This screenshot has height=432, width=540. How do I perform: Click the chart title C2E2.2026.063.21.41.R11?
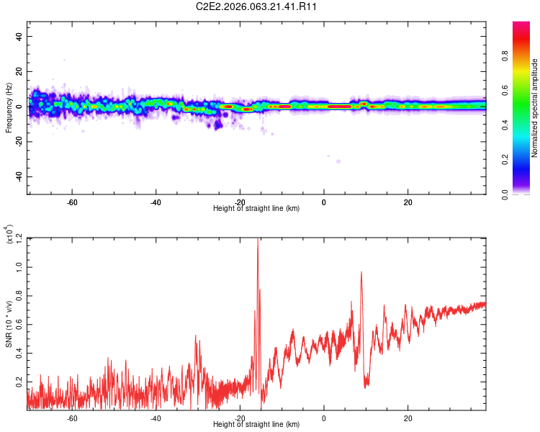[x=256, y=6]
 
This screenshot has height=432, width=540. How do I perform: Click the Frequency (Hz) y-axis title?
[x=9, y=108]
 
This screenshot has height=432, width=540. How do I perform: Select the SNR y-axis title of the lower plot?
[x=9, y=324]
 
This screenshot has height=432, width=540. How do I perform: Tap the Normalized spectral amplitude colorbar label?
[x=534, y=108]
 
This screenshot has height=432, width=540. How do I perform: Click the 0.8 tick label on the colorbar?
[x=505, y=56]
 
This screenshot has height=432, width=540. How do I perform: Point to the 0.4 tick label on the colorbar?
[x=505, y=125]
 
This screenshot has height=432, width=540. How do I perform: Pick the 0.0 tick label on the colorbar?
[x=505, y=194]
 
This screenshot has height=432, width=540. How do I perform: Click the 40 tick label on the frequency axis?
[x=19, y=36]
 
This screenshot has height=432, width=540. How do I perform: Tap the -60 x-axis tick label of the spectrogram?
[x=71, y=202]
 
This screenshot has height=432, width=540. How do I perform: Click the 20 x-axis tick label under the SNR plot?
[x=408, y=418]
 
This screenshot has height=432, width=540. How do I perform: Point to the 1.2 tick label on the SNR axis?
[x=19, y=238]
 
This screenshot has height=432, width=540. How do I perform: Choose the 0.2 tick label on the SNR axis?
[x=19, y=382]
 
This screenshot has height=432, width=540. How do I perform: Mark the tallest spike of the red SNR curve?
[x=258, y=238]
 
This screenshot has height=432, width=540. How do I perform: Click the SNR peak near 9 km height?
[x=361, y=272]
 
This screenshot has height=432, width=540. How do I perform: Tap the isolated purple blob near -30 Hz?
[x=338, y=161]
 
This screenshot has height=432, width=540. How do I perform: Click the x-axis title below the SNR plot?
[x=256, y=424]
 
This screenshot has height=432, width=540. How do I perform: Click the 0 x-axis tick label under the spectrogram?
[x=324, y=202]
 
